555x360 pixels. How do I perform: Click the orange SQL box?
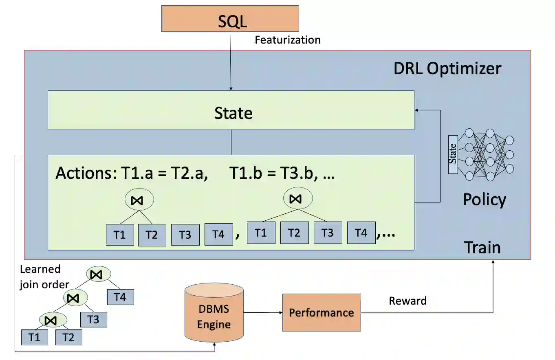click(x=230, y=18)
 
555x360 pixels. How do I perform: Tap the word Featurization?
click(x=287, y=40)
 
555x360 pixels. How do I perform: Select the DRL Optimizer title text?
click(x=447, y=68)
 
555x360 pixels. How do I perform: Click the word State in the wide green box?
click(x=233, y=113)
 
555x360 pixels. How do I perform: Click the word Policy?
click(x=484, y=200)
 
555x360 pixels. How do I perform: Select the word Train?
click(x=482, y=247)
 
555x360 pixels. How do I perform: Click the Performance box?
click(x=321, y=312)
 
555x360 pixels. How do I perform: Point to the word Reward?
click(x=407, y=301)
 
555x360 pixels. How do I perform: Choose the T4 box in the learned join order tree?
click(x=120, y=297)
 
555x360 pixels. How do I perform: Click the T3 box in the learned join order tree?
click(x=93, y=319)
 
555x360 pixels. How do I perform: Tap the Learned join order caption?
click(x=44, y=277)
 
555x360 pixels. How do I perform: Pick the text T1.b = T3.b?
click(x=275, y=173)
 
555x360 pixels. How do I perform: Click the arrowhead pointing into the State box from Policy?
click(x=416, y=110)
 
